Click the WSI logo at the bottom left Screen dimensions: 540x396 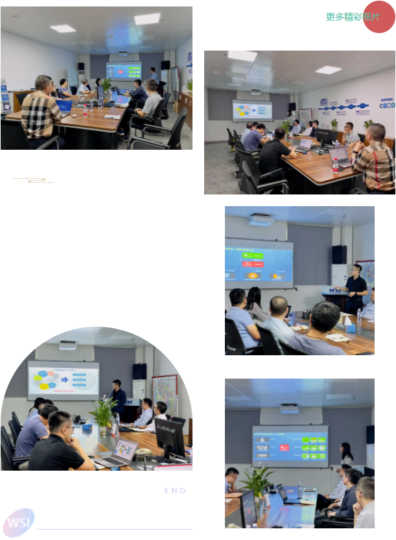[x=18, y=521]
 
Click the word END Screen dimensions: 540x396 [x=175, y=491]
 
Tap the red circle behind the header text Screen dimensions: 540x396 [x=379, y=17]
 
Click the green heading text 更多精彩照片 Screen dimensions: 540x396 [x=352, y=18]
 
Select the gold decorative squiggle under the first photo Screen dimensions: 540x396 [x=34, y=180]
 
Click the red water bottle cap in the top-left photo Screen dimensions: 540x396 [x=84, y=108]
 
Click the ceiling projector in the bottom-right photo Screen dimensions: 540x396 [x=289, y=409]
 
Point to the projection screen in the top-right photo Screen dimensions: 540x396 [x=252, y=110]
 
